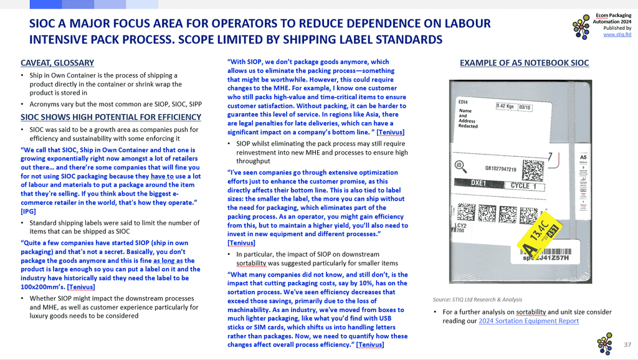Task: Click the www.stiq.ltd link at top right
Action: (x=617, y=35)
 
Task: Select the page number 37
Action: (x=627, y=344)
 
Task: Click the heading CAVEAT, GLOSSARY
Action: (x=57, y=63)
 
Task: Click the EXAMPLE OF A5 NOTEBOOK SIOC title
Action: (x=524, y=63)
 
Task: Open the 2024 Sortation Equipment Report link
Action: (x=528, y=321)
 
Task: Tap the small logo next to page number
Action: (x=604, y=344)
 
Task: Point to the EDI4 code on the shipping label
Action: (x=463, y=102)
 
